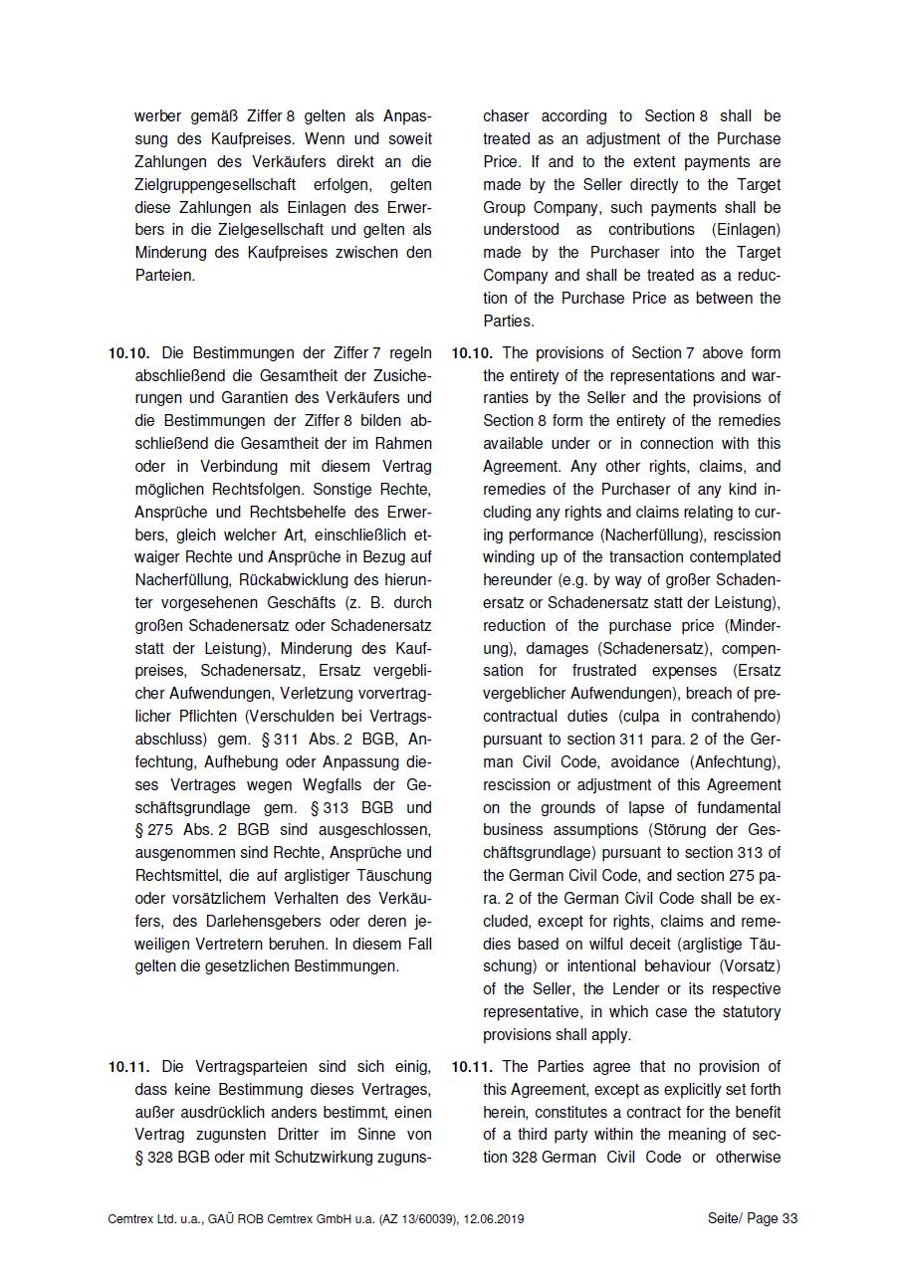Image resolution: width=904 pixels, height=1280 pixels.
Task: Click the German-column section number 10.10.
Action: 128,353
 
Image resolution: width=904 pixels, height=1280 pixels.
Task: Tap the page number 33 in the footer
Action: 789,1219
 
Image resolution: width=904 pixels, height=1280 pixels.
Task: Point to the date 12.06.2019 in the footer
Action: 494,1219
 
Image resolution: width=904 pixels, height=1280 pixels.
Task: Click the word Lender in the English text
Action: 612,989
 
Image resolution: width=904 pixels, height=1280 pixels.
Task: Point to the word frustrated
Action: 610,672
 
